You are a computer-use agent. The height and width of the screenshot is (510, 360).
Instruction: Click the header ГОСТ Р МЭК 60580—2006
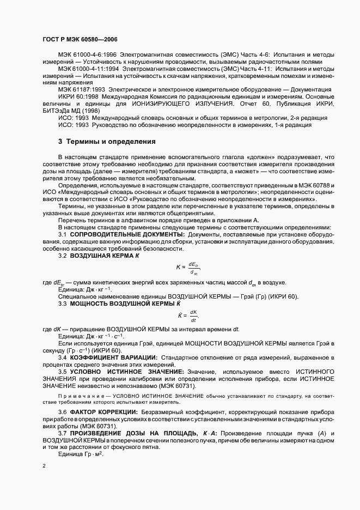[80, 40]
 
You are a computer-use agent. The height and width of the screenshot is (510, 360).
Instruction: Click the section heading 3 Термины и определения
[107, 141]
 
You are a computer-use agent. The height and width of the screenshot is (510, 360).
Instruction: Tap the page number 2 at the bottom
[45, 466]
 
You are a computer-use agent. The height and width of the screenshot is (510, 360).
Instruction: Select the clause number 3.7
[64, 432]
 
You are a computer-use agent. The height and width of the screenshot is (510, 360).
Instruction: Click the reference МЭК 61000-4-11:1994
[89, 70]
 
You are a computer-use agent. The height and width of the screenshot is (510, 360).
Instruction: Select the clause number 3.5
[64, 371]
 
